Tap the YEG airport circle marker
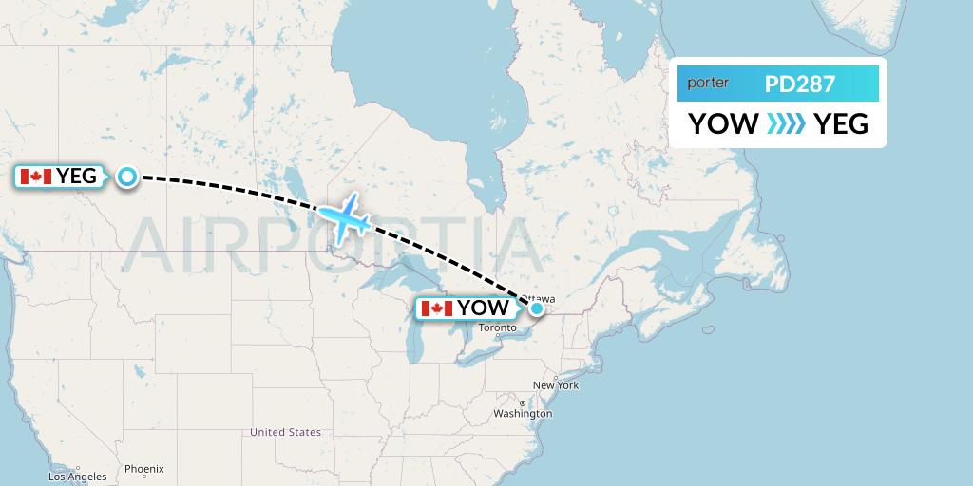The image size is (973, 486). click(126, 176)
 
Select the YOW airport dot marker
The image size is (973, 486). click(537, 308)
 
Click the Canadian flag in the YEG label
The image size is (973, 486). click(36, 176)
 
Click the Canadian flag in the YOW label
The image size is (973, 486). click(436, 308)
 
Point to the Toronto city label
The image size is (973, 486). click(498, 328)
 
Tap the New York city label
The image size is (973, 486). click(556, 385)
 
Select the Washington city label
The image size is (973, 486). click(523, 414)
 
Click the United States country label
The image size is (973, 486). click(285, 432)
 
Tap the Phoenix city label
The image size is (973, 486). click(144, 469)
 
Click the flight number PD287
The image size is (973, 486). click(800, 84)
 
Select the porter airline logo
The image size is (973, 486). click(709, 84)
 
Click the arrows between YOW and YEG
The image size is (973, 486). click(786, 124)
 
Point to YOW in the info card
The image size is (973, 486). click(723, 124)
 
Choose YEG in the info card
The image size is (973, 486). click(841, 124)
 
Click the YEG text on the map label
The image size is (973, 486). click(77, 176)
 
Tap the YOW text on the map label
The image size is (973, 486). click(483, 308)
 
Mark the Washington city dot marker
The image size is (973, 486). click(523, 404)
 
